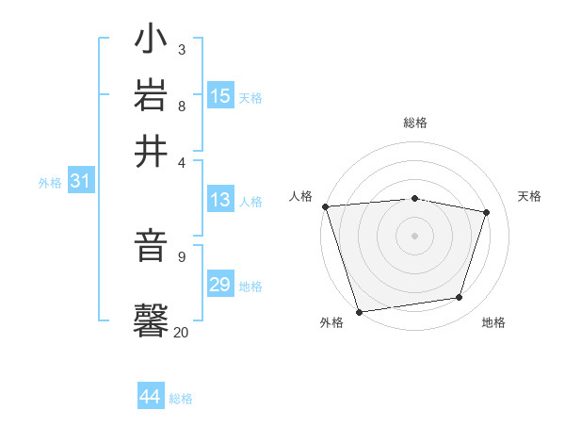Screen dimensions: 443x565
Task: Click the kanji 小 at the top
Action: pyautogui.click(x=151, y=41)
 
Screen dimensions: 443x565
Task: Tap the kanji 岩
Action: pyautogui.click(x=151, y=96)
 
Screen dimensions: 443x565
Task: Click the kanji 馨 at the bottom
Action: pyautogui.click(x=151, y=319)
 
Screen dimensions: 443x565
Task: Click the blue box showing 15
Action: pyautogui.click(x=220, y=96)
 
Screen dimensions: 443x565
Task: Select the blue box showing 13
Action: pyautogui.click(x=220, y=200)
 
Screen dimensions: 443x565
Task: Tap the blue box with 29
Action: pyautogui.click(x=220, y=285)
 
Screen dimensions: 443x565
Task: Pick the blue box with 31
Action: pyautogui.click(x=80, y=182)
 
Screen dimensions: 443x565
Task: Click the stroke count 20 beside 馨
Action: pyautogui.click(x=181, y=332)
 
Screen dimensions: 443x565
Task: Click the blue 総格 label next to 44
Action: pyautogui.click(x=181, y=399)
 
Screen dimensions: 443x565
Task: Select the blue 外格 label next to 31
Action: pyautogui.click(x=50, y=183)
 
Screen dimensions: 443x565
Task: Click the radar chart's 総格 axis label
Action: pyautogui.click(x=415, y=123)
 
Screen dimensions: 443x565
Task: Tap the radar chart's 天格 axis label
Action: pyautogui.click(x=529, y=196)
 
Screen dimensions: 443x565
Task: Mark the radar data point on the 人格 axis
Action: pyautogui.click(x=325, y=206)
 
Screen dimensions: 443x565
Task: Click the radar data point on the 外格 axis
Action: pyautogui.click(x=360, y=311)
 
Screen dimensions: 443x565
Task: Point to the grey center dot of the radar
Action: pyautogui.click(x=415, y=235)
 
